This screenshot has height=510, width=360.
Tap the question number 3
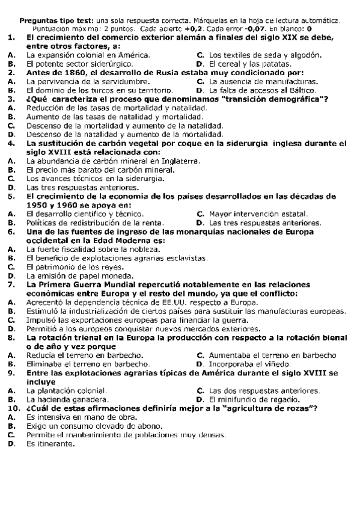(11, 98)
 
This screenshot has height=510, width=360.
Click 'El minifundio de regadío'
(255, 399)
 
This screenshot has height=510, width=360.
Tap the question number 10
(13, 408)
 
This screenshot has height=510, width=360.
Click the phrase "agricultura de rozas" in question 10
(273, 408)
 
